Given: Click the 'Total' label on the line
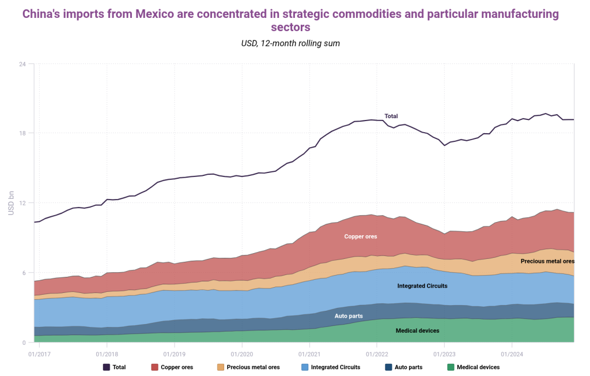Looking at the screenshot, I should (391, 116).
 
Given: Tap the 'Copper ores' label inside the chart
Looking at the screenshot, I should (361, 236).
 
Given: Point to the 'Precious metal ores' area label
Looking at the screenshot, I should (547, 261).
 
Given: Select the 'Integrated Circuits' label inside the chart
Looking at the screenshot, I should (422, 286).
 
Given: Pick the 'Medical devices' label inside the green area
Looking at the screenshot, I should (418, 330).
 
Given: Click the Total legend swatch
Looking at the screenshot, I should (107, 367).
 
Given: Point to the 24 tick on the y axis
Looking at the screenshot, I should (22, 63).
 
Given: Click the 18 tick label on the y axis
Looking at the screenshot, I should (22, 133).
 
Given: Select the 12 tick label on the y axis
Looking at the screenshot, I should (22, 203).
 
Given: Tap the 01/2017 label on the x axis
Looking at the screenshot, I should (38, 354).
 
